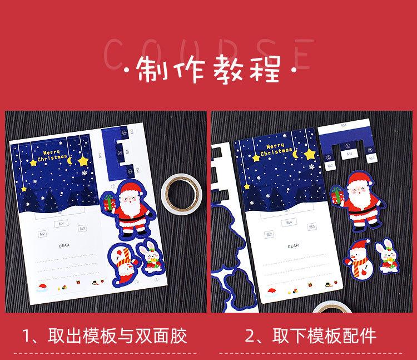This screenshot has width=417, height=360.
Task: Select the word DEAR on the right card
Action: (292, 245)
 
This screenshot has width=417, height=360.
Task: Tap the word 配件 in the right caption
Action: (360, 336)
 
